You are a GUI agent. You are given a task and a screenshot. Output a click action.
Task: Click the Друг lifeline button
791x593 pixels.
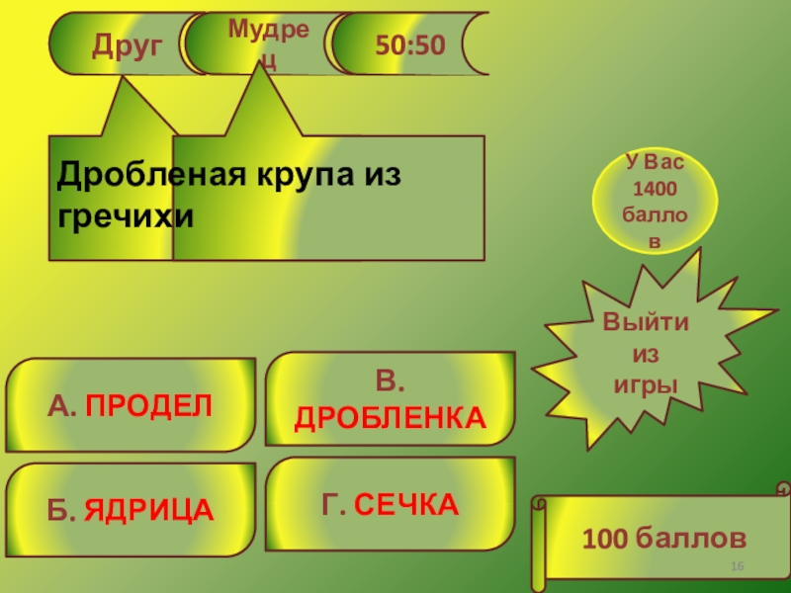[127, 44]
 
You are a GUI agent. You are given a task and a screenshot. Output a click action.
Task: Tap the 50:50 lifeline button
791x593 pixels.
[408, 44]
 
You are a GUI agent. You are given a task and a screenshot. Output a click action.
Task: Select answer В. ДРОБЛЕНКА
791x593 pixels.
[391, 399]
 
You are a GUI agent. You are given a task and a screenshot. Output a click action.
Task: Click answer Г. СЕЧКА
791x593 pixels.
[391, 505]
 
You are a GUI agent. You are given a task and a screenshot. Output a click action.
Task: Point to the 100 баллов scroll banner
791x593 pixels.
[662, 539]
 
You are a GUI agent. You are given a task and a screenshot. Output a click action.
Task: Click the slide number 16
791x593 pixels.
[737, 565]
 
